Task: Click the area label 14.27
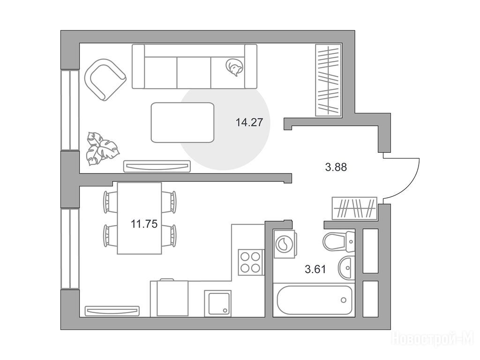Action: coord(249,122)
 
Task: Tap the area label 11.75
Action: coord(144,224)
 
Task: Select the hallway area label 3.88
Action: coord(336,167)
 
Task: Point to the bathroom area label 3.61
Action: coord(315,269)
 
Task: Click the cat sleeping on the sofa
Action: coord(235,67)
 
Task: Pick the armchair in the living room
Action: coord(105,80)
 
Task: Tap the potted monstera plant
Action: coord(102,149)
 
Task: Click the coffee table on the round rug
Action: coord(182,122)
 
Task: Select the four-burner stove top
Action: coord(251,262)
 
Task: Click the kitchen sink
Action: coord(217,303)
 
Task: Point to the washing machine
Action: coord(285,244)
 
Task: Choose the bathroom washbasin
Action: coord(346,268)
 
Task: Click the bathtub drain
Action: coord(344,300)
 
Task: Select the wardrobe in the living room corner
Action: coord(329,80)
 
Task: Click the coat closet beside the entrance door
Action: coord(354,208)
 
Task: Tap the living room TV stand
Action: coord(157,166)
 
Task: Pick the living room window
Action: coord(70,110)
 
